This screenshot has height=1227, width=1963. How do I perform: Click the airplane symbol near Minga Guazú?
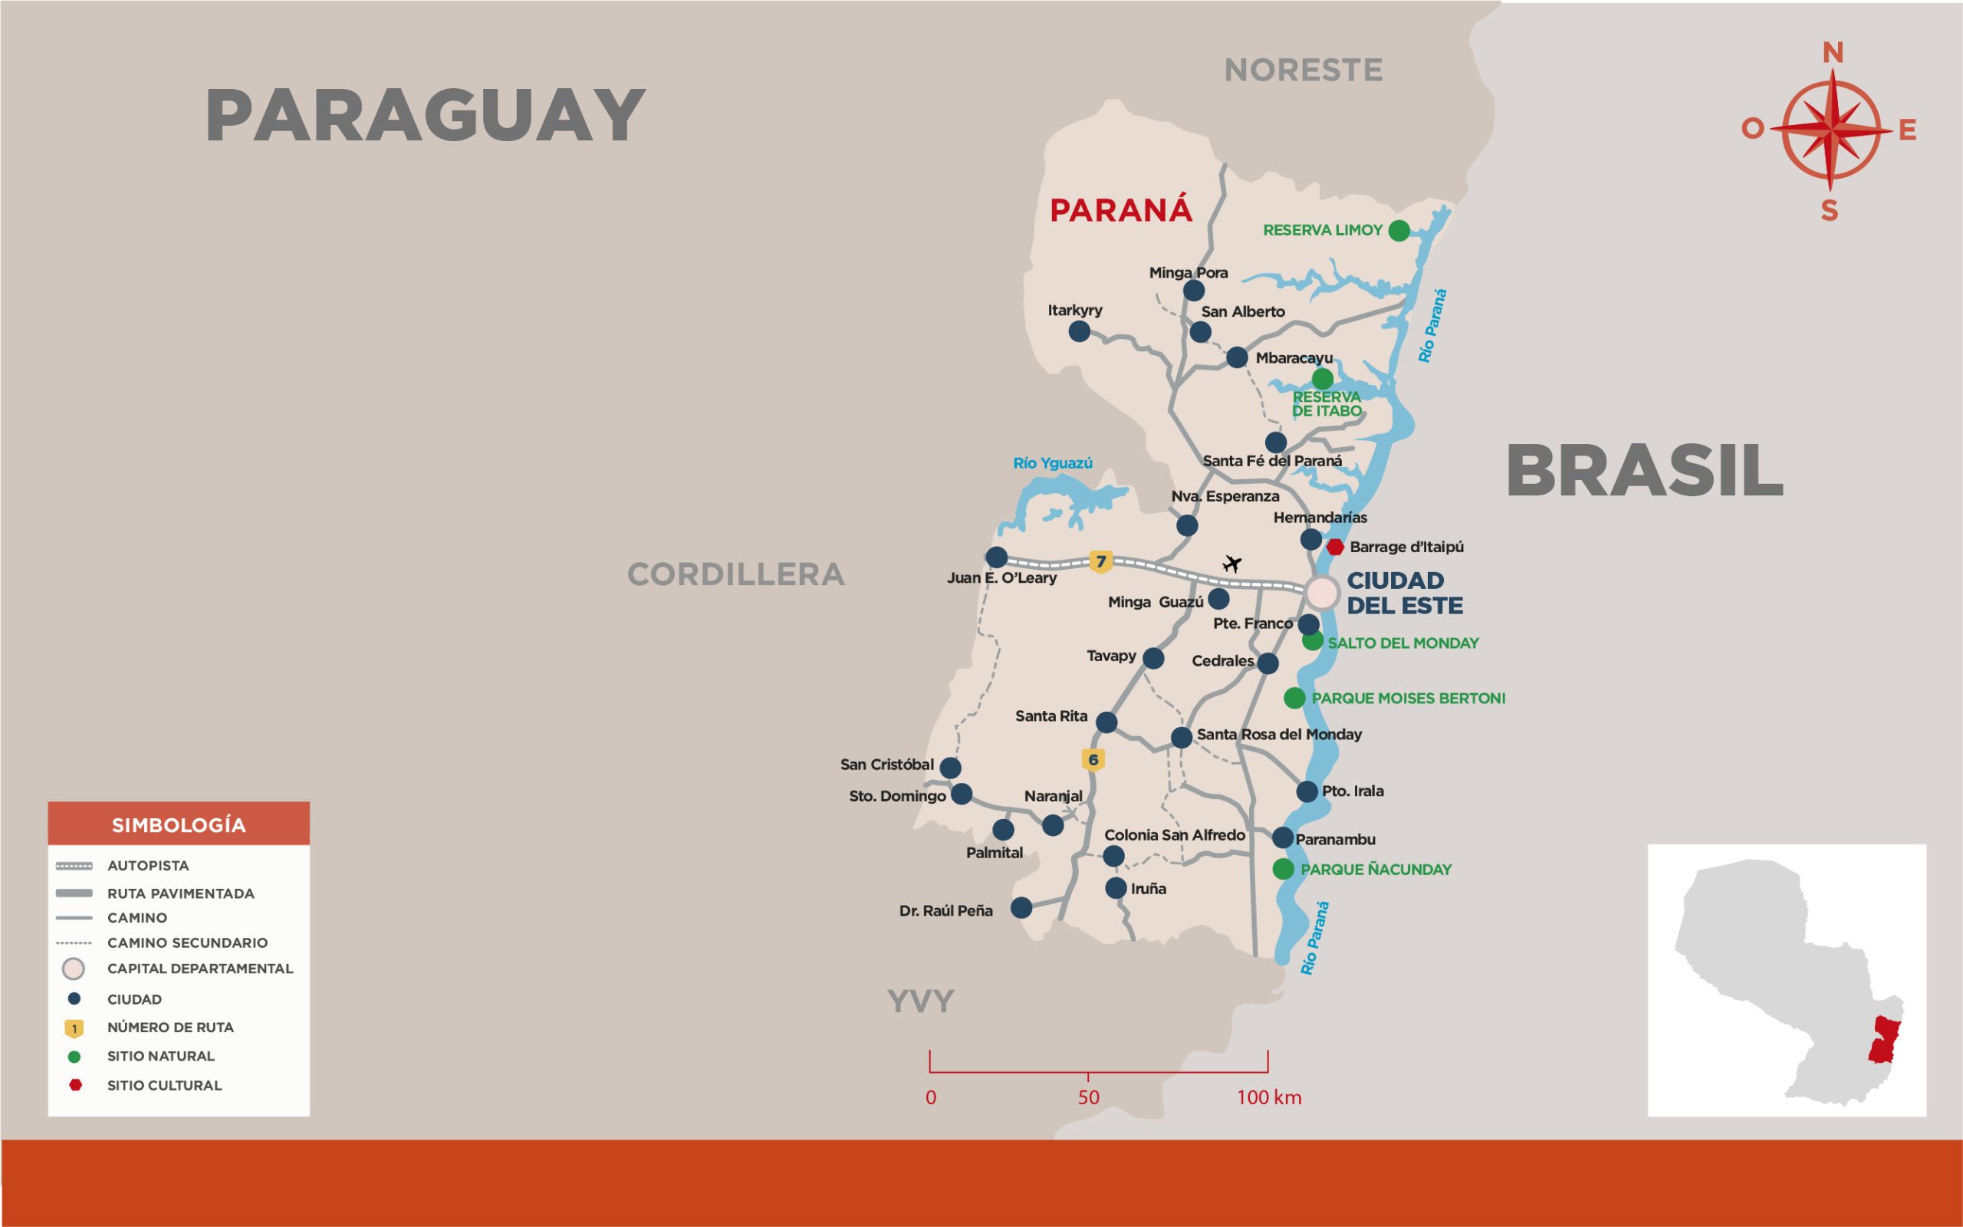pos(1232,563)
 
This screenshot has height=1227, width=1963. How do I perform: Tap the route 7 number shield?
pos(1101,561)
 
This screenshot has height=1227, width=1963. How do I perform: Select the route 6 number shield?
pos(1093,759)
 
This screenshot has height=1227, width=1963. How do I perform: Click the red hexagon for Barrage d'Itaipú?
pos(1335,547)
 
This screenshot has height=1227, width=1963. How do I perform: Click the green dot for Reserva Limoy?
pos(1399,231)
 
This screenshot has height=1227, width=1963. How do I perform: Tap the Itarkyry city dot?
pos(1079,331)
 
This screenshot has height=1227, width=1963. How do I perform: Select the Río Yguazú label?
pos(1052,463)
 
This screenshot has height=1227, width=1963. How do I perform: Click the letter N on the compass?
pos(1833,53)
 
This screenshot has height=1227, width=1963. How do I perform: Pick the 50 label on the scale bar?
pos(1089,1097)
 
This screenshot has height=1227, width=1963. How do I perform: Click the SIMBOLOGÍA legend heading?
pos(179,825)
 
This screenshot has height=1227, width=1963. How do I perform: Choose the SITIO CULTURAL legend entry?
pos(164,1085)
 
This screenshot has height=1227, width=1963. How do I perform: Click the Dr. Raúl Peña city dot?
pos(1021,907)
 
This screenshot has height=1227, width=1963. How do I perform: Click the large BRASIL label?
pos(1644,472)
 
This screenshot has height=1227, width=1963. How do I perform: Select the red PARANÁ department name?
pos(1120,210)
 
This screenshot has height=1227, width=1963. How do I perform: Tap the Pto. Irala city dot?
pos(1307,791)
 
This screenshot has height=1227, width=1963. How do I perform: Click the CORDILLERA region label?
pos(735,574)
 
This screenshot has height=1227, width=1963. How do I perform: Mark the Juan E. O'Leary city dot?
pos(996,558)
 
